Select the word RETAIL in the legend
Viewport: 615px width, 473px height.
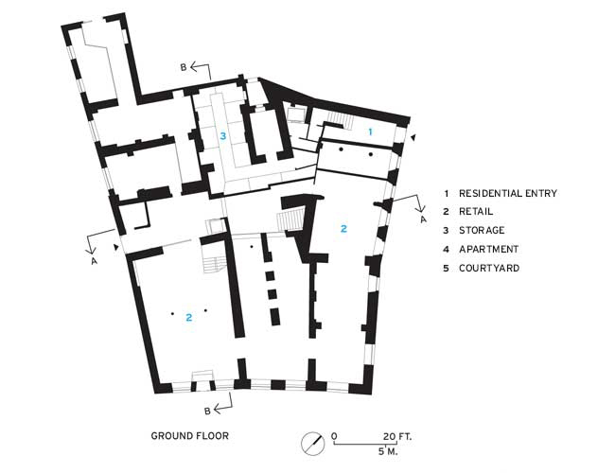pos(479,211)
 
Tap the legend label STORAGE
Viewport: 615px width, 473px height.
pos(482,230)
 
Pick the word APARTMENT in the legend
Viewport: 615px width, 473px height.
pos(489,249)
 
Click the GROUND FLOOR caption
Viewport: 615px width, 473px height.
pos(189,436)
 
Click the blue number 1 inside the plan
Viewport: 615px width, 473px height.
pos(370,130)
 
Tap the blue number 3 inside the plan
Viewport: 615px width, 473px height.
pos(223,136)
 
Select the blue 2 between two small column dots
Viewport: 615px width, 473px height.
pos(189,317)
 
